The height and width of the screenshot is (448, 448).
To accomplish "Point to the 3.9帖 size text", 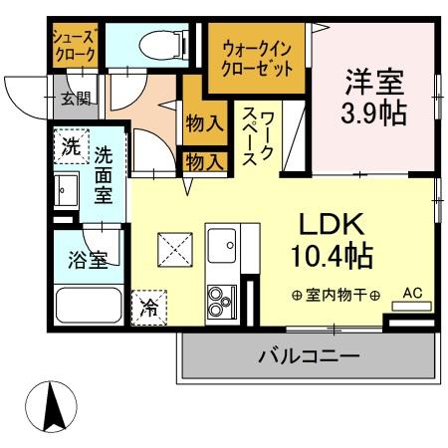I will click(x=375, y=111).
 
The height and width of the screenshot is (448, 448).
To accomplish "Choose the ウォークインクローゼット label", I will click(x=257, y=59).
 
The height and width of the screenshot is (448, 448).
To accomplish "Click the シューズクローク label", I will click(x=74, y=42).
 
